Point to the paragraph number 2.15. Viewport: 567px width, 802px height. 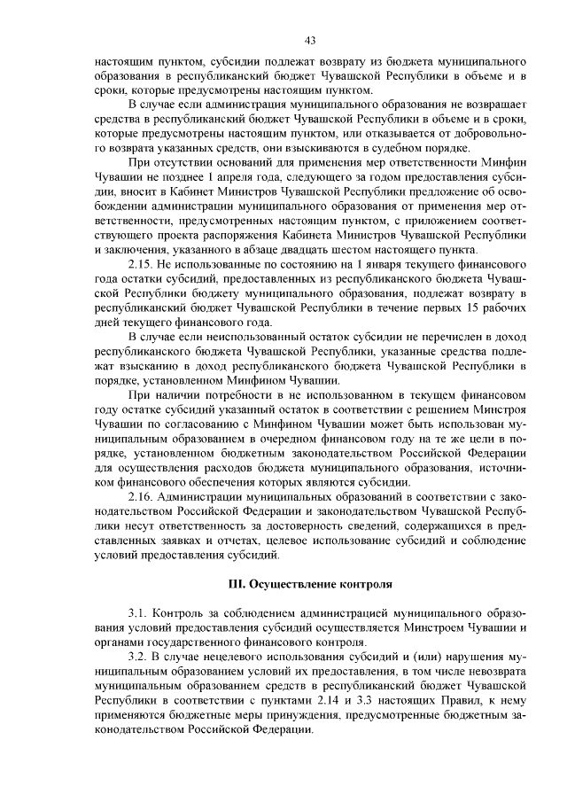coord(142,267)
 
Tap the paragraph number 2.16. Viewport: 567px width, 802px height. coord(142,498)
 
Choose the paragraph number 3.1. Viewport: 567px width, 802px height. coord(138,613)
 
